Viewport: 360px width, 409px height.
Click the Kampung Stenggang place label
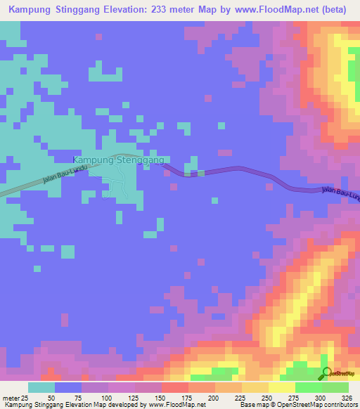(119, 160)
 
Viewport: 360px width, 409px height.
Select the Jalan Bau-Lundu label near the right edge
(340, 192)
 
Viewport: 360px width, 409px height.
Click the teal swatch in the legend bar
(41, 387)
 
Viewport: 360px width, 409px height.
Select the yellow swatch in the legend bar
(282, 387)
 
